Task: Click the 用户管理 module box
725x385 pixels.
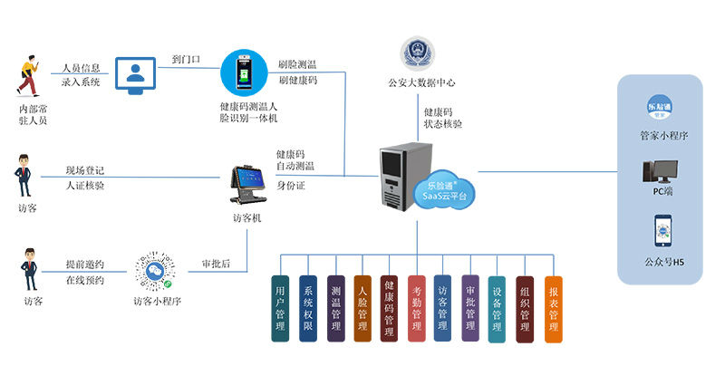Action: click(x=280, y=309)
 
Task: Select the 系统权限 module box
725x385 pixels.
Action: click(x=307, y=309)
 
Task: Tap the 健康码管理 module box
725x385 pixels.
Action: click(x=389, y=309)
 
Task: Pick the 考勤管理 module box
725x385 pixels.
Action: click(x=416, y=309)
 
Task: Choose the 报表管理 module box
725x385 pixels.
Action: click(x=553, y=309)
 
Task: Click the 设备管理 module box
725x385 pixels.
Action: click(x=497, y=309)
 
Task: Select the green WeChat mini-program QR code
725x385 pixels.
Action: click(x=155, y=269)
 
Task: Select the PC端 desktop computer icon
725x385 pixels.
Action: click(x=659, y=174)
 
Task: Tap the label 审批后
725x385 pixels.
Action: click(x=215, y=265)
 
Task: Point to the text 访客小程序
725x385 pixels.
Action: click(x=156, y=302)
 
